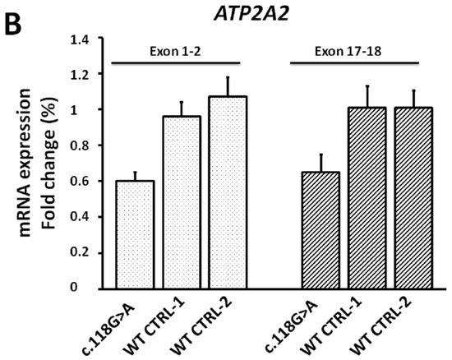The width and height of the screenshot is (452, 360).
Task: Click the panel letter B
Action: [14, 16]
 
